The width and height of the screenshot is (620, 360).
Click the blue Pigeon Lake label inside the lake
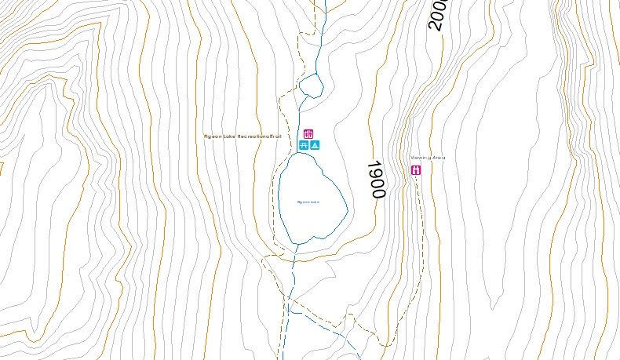pyautogui.click(x=308, y=202)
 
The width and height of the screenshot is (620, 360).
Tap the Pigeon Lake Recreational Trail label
pyautogui.click(x=242, y=136)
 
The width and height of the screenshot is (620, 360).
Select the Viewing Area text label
pyautogui.click(x=428, y=158)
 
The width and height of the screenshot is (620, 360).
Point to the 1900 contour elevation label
pyautogui.click(x=377, y=180)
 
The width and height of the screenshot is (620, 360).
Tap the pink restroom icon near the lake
pyautogui.click(x=308, y=134)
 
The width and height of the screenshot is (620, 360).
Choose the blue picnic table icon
pyautogui.click(x=304, y=145)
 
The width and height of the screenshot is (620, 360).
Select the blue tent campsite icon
pyautogui.click(x=315, y=145)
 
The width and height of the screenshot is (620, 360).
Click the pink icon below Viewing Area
pyautogui.click(x=417, y=169)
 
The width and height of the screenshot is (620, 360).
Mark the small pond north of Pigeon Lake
pyautogui.click(x=312, y=85)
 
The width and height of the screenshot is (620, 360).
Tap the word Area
pyautogui.click(x=439, y=158)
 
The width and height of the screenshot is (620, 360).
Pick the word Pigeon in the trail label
pyautogui.click(x=213, y=136)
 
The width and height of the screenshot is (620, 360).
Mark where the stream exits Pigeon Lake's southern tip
pyautogui.click(x=297, y=244)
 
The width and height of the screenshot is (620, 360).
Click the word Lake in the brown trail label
pyautogui.click(x=229, y=136)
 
